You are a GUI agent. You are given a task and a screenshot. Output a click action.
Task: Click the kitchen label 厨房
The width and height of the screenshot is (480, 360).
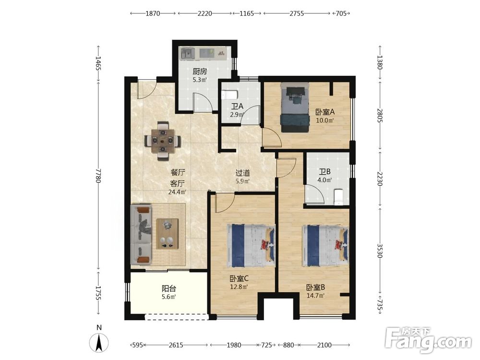tap(200, 72)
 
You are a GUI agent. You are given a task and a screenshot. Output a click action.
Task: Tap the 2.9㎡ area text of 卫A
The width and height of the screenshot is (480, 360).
tap(237, 115)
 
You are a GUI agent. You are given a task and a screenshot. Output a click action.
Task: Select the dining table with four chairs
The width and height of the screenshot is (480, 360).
tap(163, 141)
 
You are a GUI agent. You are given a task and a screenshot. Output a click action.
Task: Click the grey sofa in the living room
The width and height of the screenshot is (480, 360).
tap(141, 235)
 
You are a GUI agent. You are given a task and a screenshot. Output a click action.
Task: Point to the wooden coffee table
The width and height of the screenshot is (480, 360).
tap(168, 234)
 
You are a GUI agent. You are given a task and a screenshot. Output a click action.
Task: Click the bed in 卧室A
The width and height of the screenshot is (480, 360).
tap(294, 108)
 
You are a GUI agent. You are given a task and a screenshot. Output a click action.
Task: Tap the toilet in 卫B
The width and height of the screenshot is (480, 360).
tap(338, 197)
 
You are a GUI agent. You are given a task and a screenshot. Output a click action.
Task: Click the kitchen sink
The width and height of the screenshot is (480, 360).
tap(187, 53)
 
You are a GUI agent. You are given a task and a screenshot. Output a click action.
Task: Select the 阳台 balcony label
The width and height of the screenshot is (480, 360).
tap(169, 288)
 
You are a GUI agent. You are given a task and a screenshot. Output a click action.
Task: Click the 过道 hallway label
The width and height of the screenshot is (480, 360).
tap(243, 173)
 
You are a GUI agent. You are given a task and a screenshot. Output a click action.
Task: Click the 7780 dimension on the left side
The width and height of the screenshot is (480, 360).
tap(98, 175)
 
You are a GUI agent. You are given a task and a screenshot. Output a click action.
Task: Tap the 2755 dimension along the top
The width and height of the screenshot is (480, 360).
tap(297, 13)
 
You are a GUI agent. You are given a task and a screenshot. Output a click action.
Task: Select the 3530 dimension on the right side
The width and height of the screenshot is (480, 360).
tap(380, 251)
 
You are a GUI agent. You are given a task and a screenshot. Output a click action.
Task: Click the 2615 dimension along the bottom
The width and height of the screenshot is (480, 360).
tap(176, 345)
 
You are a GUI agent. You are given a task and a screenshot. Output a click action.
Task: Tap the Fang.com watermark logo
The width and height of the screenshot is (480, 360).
tap(428, 340)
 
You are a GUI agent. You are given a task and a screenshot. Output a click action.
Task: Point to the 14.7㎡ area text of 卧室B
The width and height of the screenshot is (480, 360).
tap(316, 296)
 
